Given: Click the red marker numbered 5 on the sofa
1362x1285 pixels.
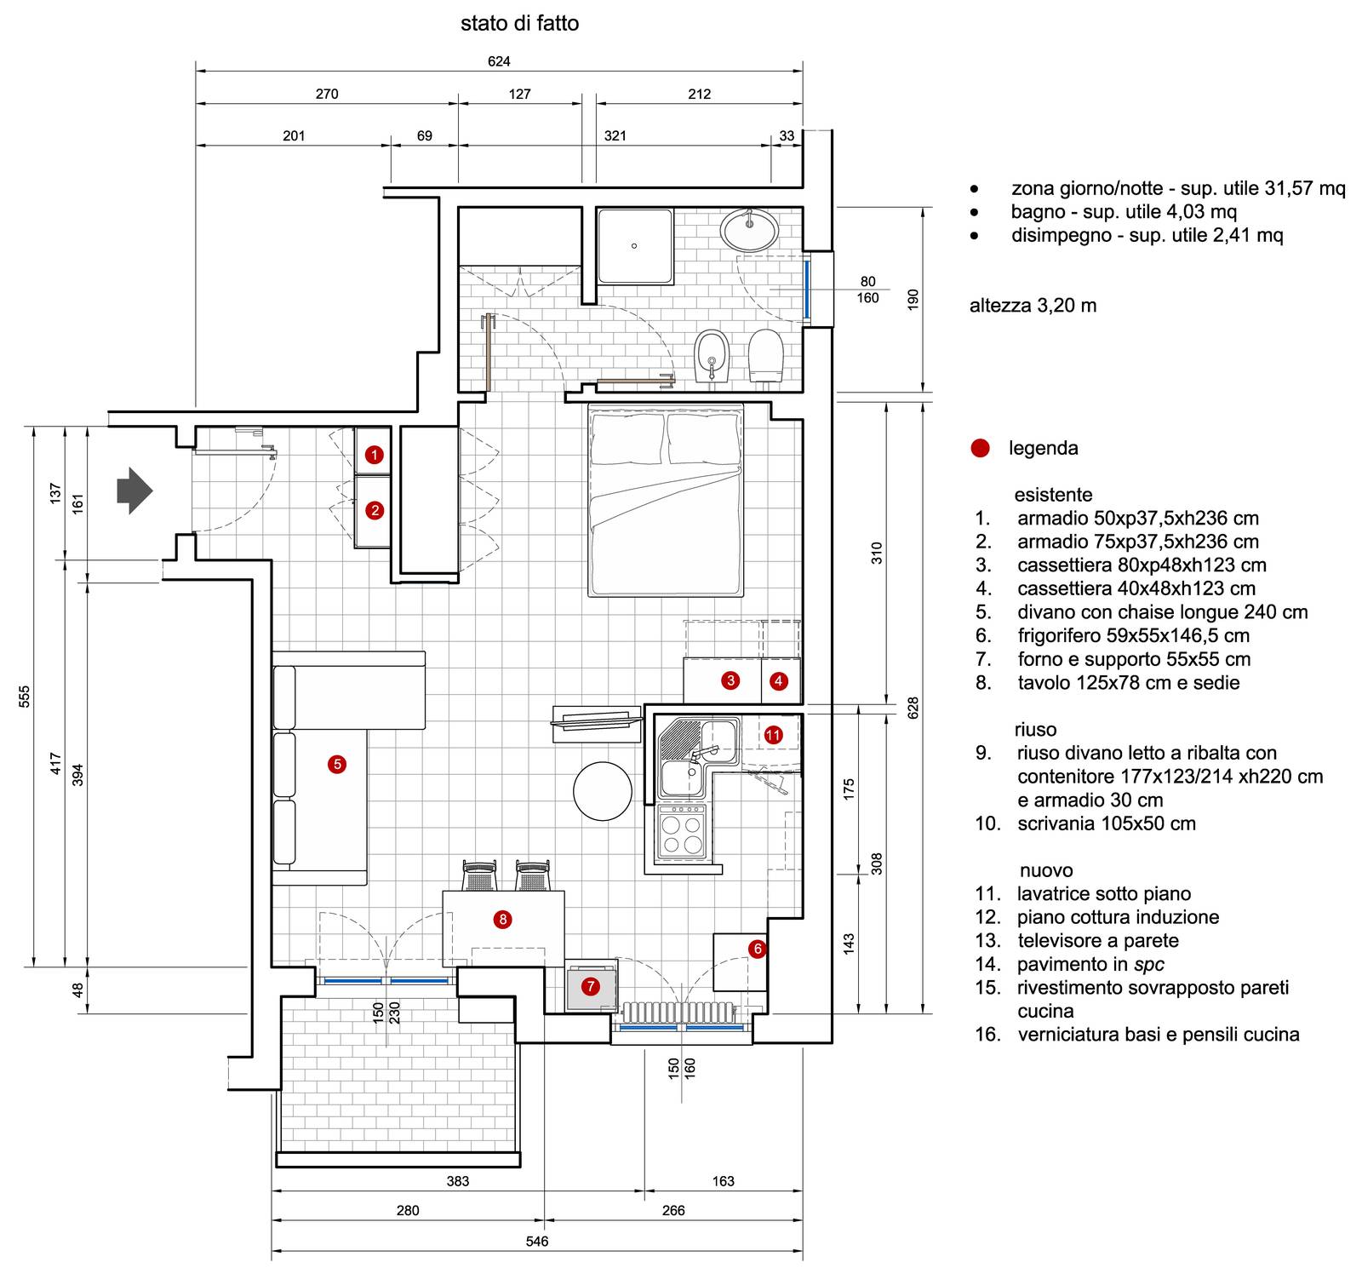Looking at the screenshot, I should (x=337, y=764).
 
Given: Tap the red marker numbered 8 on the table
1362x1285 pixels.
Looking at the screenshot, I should (x=503, y=919).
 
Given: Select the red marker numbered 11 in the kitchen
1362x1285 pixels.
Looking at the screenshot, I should (x=773, y=734).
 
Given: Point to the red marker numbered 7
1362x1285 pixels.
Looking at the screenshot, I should (x=590, y=987).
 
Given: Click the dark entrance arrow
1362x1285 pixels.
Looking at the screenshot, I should (x=134, y=490).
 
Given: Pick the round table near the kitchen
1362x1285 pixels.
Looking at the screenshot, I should (x=603, y=790).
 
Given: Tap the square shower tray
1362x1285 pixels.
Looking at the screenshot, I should (x=634, y=246).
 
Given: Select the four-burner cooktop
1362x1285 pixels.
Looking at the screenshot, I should (x=682, y=835).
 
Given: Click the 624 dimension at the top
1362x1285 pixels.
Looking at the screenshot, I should (x=499, y=61).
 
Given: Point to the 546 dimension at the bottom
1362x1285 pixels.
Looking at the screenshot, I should (x=537, y=1241).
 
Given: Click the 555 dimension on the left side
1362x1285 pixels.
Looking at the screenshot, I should (x=24, y=696).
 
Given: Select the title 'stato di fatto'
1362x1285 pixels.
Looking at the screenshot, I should (x=519, y=24).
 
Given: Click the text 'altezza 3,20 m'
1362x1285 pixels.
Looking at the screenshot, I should (x=1033, y=305).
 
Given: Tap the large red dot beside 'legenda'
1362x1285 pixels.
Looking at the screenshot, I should (x=981, y=448).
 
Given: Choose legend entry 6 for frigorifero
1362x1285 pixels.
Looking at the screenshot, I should (x=1132, y=635).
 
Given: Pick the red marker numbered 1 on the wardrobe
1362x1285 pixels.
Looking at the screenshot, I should (x=374, y=455).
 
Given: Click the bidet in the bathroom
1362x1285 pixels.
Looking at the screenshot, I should (x=709, y=357).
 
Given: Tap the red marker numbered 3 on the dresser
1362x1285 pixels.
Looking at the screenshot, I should (x=730, y=680).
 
